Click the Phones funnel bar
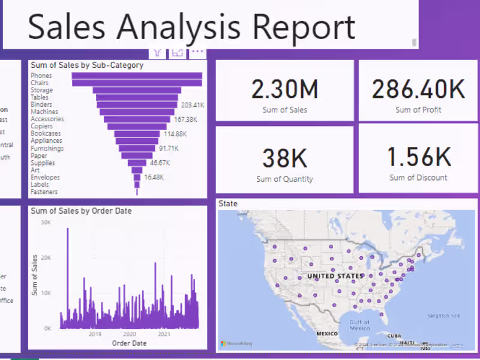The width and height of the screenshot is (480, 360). click(137, 76)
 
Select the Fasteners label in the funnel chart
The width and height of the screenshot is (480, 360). click(44, 192)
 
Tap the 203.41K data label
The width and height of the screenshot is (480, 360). click(193, 104)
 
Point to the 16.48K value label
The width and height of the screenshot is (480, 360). click(154, 178)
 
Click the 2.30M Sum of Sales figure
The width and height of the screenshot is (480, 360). click(284, 89)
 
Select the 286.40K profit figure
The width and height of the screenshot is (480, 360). click(418, 89)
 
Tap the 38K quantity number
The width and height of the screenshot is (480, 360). click(284, 158)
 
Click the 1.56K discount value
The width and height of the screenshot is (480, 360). click(418, 157)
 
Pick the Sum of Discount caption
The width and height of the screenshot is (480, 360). click(418, 178)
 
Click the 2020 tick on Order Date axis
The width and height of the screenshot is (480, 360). click(129, 334)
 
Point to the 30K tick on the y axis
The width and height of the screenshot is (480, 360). click(46, 222)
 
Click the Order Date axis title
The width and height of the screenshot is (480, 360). click(129, 343)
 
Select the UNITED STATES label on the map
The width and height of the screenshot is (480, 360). click(335, 276)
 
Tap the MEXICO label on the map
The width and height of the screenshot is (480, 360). click(328, 332)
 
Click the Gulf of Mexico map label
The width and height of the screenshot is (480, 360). click(360, 325)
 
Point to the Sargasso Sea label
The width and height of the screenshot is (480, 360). click(443, 316)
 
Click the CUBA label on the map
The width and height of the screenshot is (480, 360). click(394, 336)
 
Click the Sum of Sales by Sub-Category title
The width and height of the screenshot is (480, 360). click(87, 65)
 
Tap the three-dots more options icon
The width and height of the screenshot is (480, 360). click(197, 52)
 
